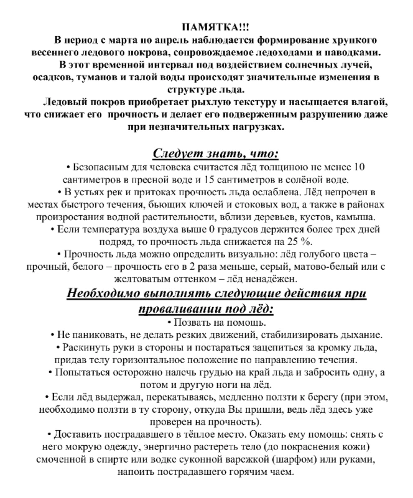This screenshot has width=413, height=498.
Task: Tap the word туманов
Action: (x=98, y=77)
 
